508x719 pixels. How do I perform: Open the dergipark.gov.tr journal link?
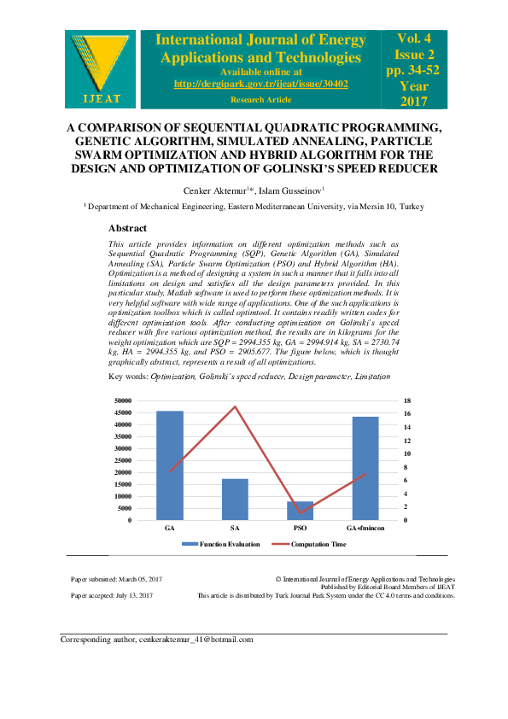click(x=261, y=84)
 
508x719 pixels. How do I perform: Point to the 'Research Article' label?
click(x=261, y=99)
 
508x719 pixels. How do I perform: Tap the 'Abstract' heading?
click(x=127, y=228)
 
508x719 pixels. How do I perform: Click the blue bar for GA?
click(x=169, y=465)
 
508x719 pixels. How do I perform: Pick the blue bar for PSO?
click(x=300, y=511)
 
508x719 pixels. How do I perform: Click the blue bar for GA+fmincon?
click(x=365, y=468)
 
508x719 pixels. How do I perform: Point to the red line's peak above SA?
click(x=235, y=406)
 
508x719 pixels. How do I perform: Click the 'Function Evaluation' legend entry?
click(x=217, y=544)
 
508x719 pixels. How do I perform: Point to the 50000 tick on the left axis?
click(x=122, y=401)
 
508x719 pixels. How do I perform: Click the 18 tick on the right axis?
click(x=407, y=401)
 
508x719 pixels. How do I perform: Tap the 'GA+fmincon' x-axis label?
click(x=365, y=529)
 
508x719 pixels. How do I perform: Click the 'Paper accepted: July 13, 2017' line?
click(x=112, y=595)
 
